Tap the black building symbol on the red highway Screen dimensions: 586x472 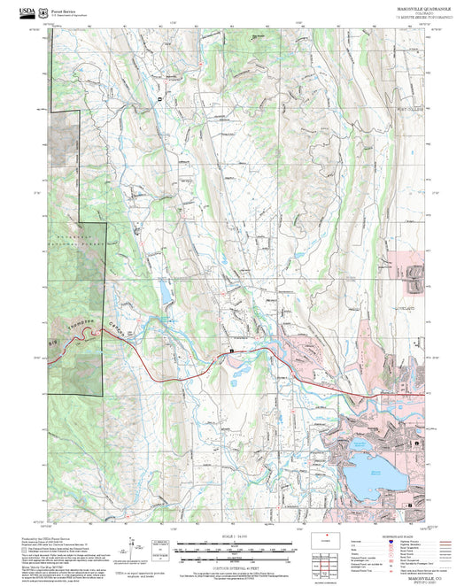click(x=233, y=351)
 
